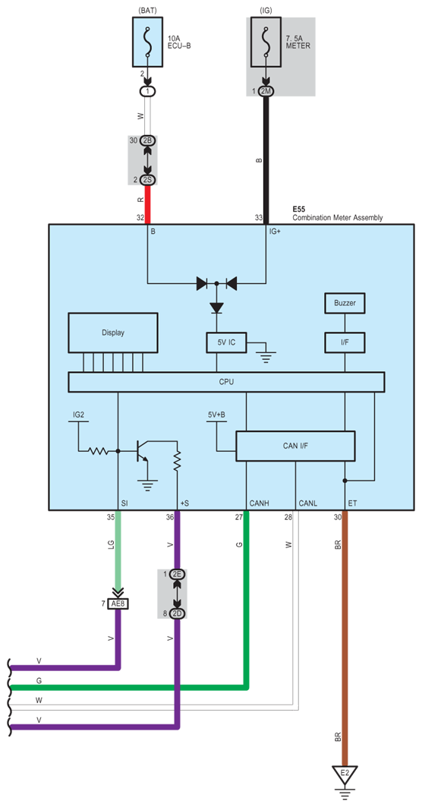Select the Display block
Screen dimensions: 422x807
(112, 333)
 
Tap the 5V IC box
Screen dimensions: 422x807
(226, 342)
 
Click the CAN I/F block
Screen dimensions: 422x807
(295, 446)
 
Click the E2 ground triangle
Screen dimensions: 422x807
(345, 774)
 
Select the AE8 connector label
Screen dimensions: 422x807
(118, 604)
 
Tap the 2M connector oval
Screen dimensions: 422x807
(266, 90)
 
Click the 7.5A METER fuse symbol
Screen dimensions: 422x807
(266, 43)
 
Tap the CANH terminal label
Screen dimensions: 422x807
(259, 503)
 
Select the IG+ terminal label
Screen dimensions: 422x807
(276, 232)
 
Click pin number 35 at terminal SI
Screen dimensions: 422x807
(110, 517)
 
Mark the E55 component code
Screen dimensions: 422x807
(300, 210)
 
